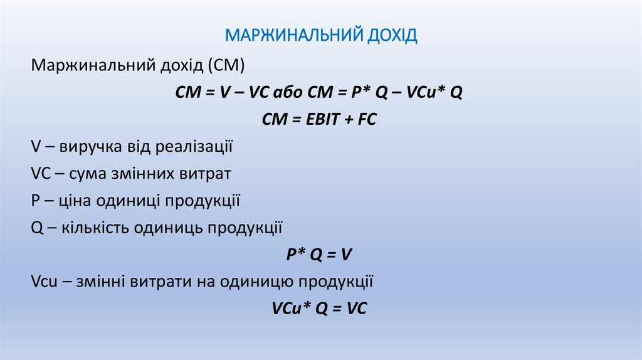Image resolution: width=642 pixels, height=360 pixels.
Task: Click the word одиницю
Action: (253, 282)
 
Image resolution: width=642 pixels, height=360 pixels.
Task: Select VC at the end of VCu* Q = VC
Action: (355, 309)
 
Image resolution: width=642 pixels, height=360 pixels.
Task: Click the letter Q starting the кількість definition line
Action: (36, 228)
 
